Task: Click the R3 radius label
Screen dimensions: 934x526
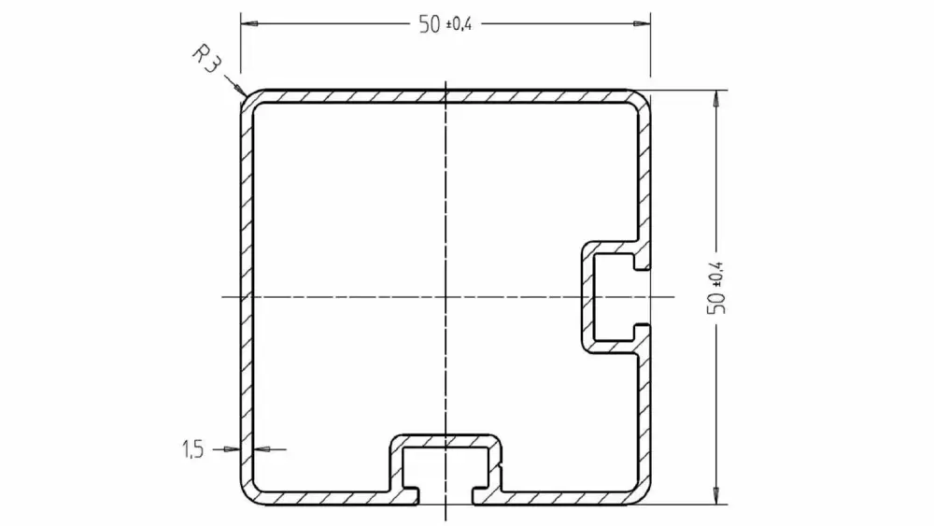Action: tap(206, 59)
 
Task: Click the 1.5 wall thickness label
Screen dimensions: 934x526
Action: tap(193, 449)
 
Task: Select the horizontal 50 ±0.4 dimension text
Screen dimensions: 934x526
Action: tap(446, 24)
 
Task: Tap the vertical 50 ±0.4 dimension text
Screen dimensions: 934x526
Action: tap(716, 289)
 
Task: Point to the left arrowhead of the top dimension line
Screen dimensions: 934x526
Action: tap(249, 24)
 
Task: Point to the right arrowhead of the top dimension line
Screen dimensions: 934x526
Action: tap(642, 24)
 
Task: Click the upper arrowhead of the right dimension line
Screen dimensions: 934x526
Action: tap(716, 99)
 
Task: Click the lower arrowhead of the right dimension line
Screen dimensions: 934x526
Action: tap(716, 495)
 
